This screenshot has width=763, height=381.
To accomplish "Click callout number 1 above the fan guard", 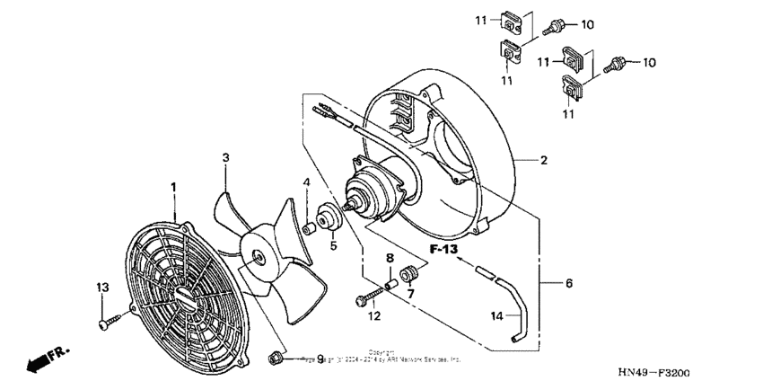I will [173, 186].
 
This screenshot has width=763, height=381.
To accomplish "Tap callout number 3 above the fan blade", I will [226, 157].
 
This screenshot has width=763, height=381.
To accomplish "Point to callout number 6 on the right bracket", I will [568, 283].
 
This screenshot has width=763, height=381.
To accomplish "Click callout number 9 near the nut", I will [294, 359].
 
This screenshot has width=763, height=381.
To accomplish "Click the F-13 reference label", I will [443, 248].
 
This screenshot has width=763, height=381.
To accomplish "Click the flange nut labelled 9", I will [275, 359].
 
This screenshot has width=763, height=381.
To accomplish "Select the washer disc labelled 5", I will [328, 218].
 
